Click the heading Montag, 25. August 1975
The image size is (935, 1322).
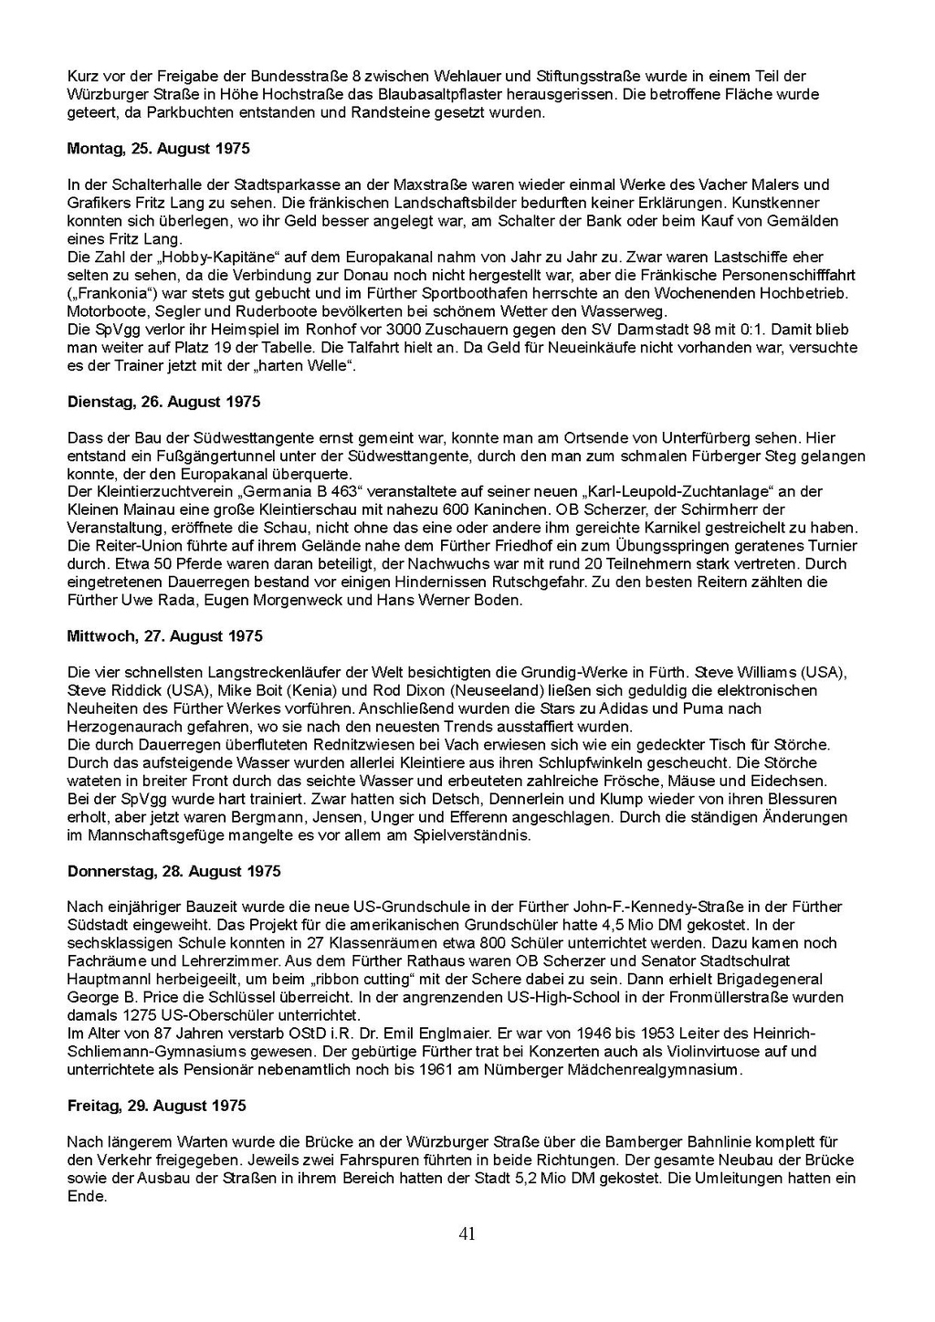point(158,148)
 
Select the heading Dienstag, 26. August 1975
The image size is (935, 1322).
point(163,402)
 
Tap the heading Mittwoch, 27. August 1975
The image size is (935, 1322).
point(164,636)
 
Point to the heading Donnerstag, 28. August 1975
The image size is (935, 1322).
point(173,871)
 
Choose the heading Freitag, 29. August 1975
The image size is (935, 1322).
point(156,1106)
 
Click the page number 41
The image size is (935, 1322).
point(467,1234)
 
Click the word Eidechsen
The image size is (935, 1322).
point(793,781)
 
